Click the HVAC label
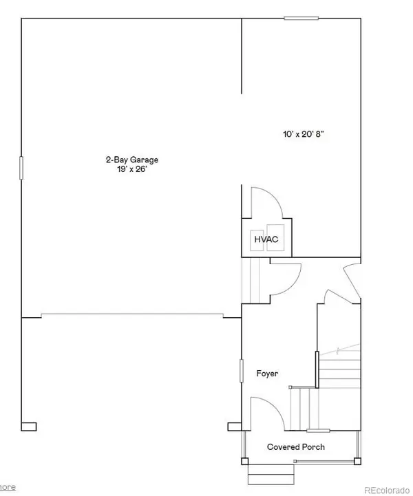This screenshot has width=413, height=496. tap(266, 239)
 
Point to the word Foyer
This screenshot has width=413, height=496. tap(266, 374)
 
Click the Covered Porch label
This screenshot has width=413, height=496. tap(296, 447)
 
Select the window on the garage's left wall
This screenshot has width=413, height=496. tap(21, 167)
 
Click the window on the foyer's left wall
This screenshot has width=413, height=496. tap(241, 370)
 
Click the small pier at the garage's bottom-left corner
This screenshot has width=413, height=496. tap(28, 426)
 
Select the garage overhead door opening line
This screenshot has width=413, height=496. tap(132, 314)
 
